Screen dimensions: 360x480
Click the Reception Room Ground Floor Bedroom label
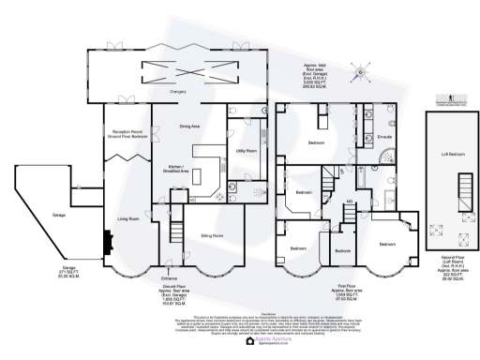click(x=126, y=135)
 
